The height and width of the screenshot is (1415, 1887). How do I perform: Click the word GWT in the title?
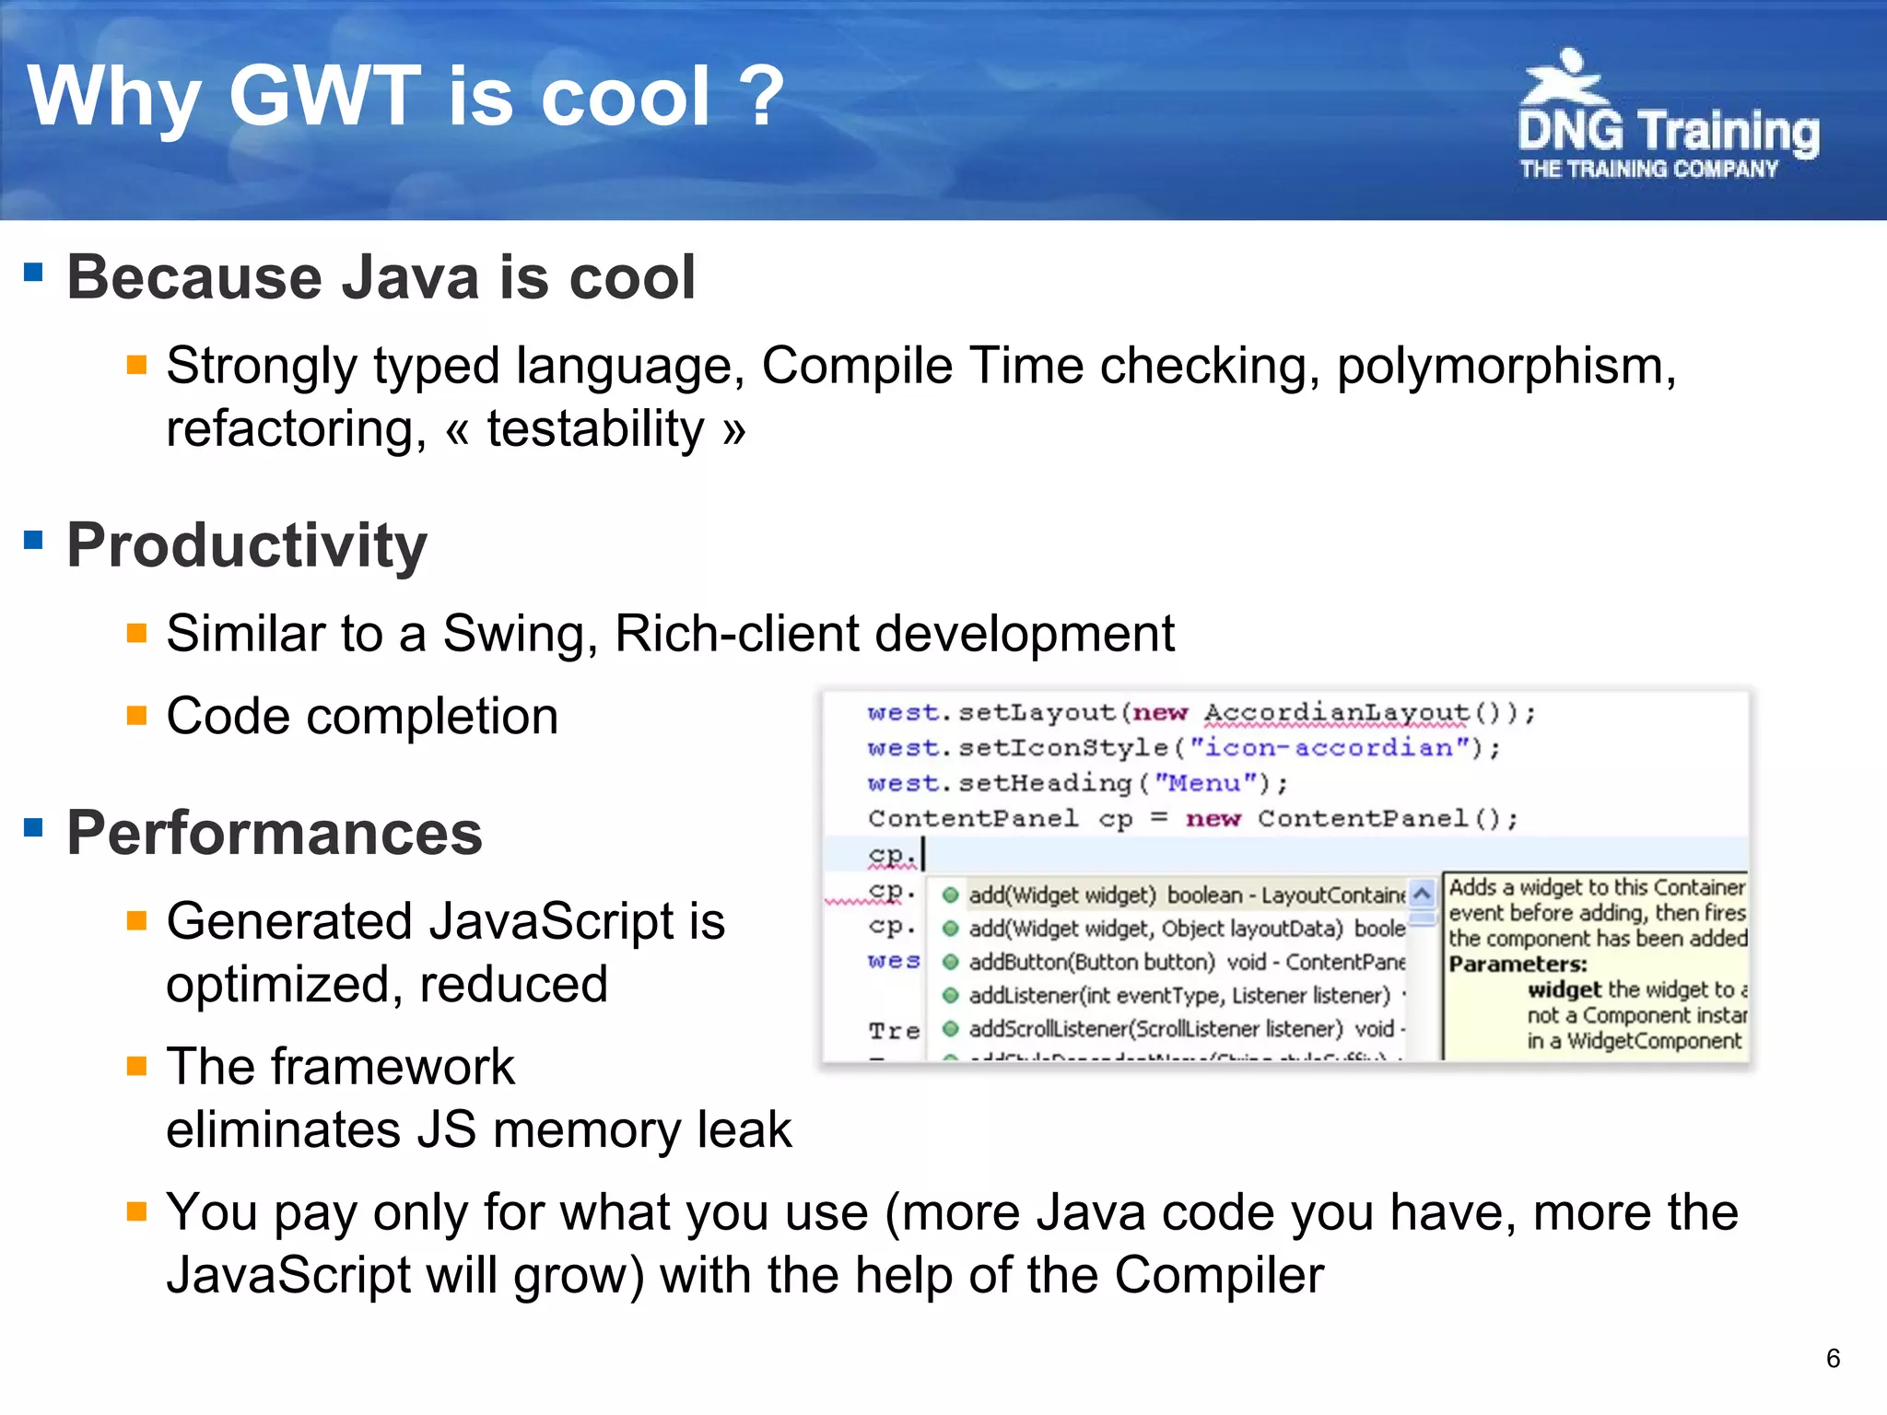[x=324, y=96]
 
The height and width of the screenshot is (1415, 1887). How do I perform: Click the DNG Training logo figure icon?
[x=1564, y=79]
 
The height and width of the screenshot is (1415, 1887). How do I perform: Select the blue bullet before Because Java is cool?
[x=34, y=272]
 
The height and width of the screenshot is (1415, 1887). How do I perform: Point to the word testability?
[x=595, y=429]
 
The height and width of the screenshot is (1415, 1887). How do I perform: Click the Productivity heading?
[x=247, y=545]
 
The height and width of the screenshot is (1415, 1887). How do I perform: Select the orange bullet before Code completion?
[x=136, y=716]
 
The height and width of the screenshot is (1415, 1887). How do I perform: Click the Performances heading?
[x=275, y=833]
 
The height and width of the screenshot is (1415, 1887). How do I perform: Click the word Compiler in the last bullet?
[x=1218, y=1276]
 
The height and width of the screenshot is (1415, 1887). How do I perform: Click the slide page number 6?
[x=1833, y=1358]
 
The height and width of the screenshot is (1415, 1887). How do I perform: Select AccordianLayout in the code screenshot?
[x=1336, y=713]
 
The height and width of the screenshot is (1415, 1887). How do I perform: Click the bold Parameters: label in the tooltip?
[x=1518, y=965]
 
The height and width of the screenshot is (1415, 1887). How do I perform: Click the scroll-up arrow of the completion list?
[x=1422, y=894]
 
